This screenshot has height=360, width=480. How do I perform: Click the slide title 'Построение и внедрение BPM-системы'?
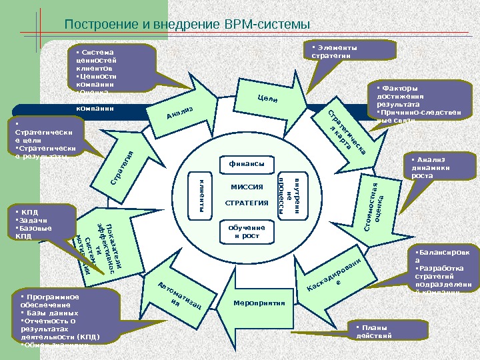187,25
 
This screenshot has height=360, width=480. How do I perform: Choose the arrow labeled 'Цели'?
266,100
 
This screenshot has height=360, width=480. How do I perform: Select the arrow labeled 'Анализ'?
181,113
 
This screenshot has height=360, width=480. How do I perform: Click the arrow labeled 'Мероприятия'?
254,304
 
